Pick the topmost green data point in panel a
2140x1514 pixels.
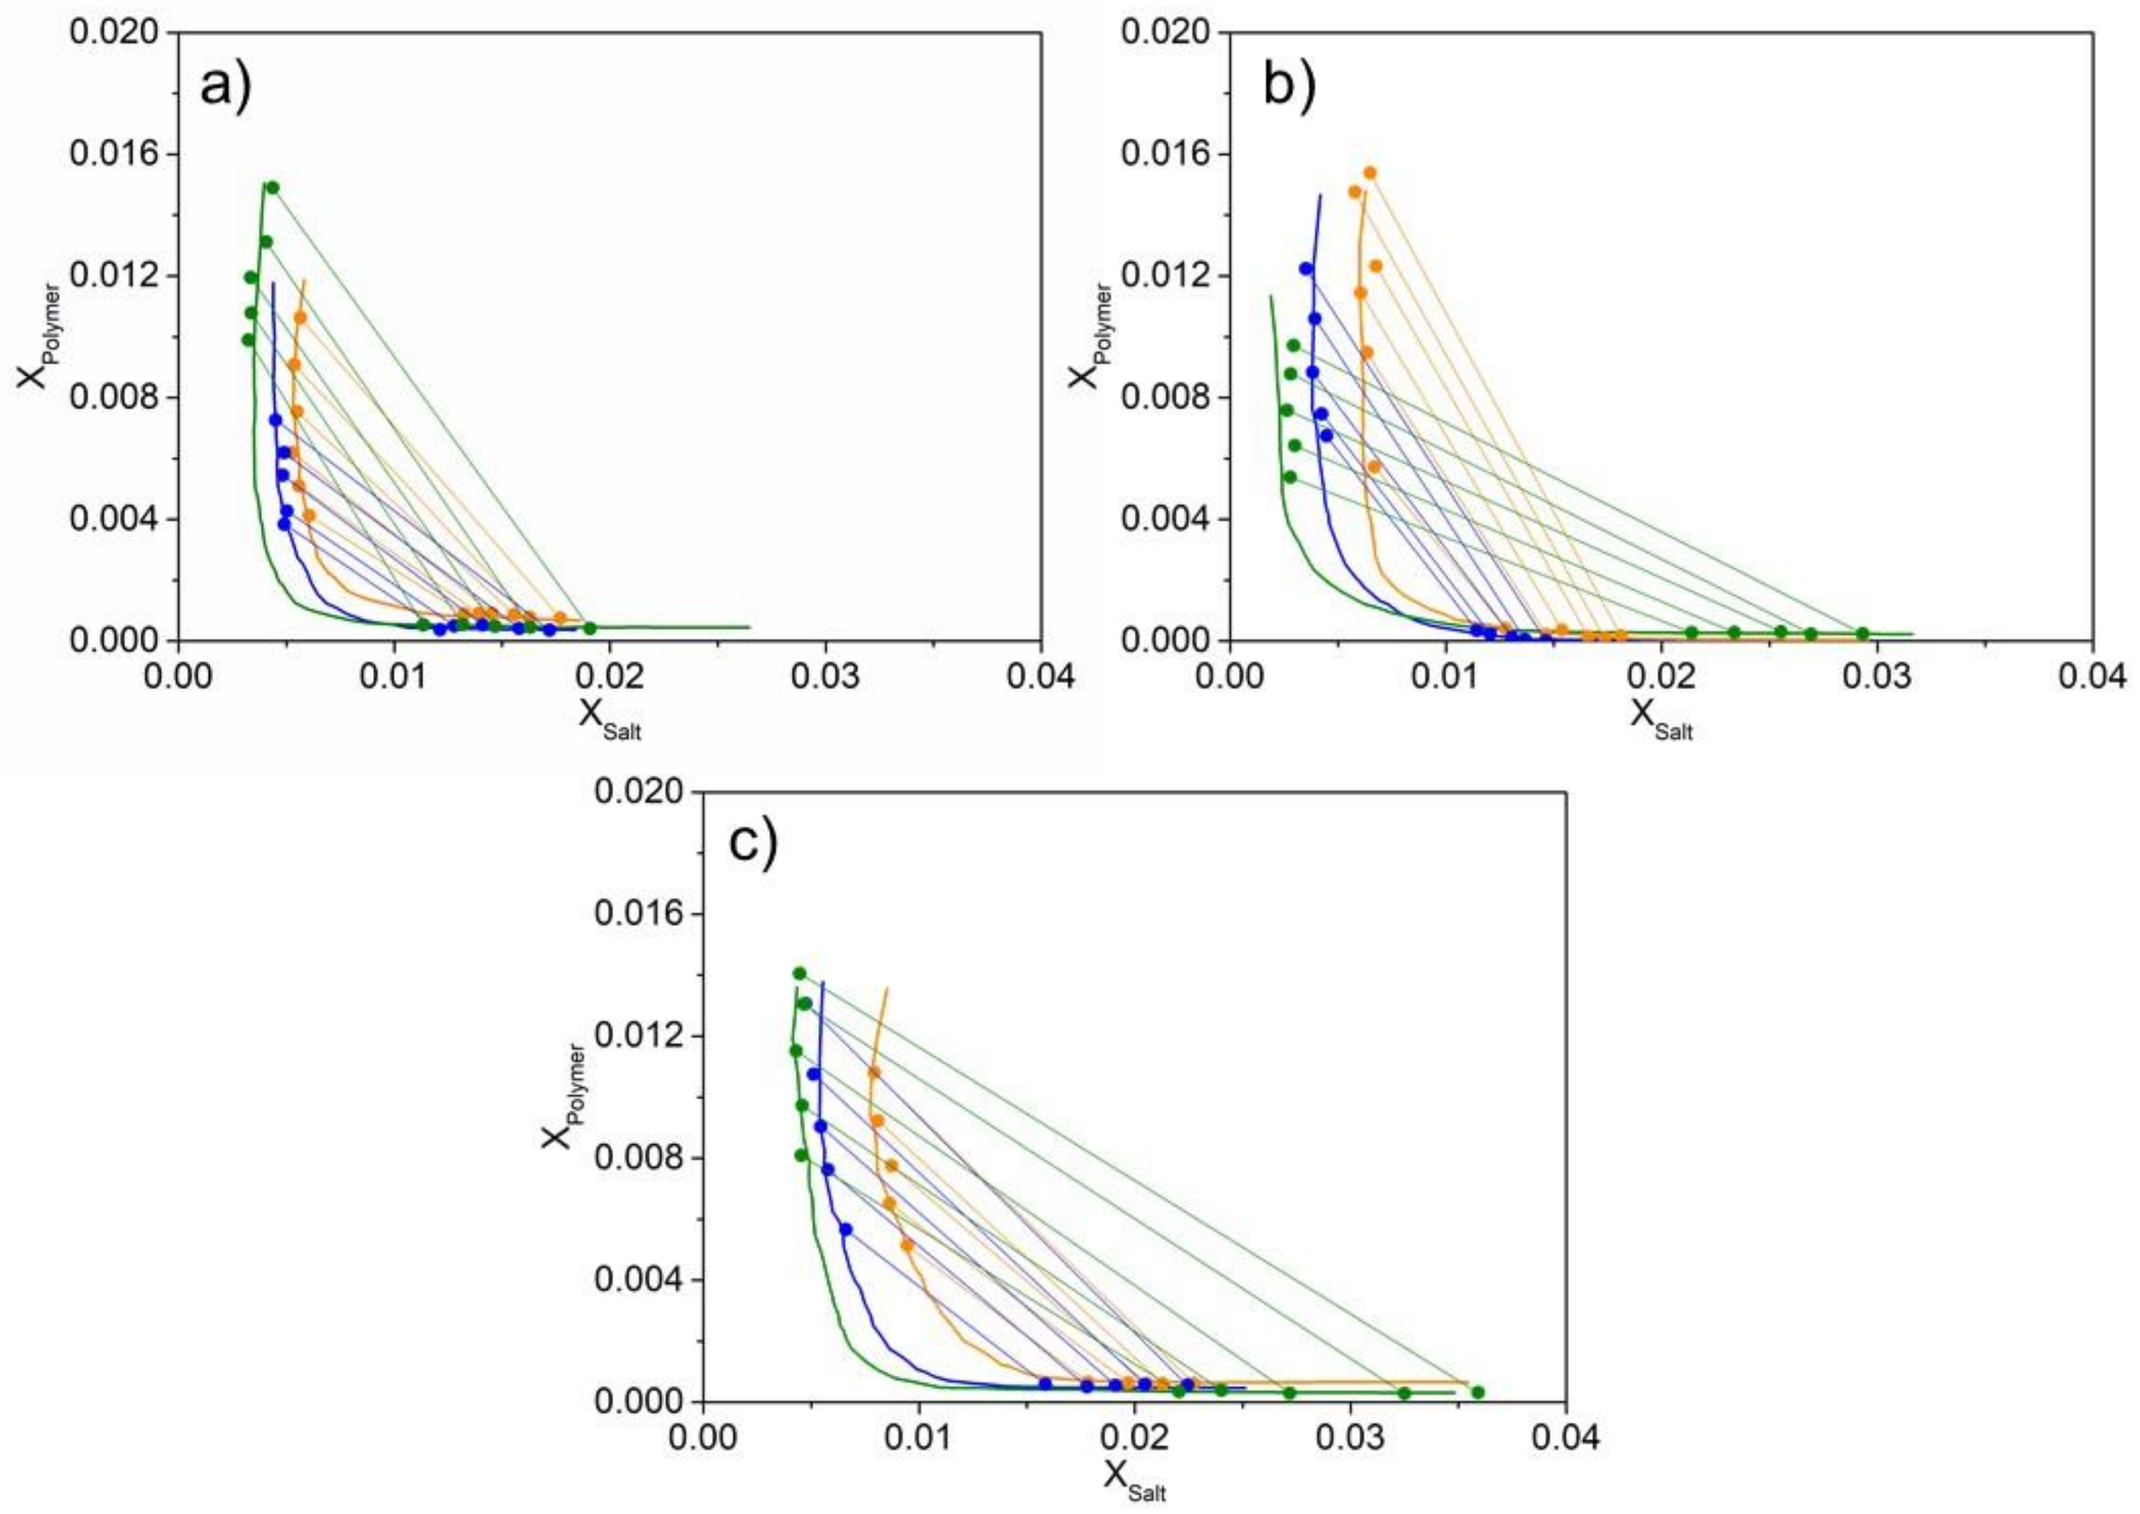(272, 187)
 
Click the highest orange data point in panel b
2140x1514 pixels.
(1370, 173)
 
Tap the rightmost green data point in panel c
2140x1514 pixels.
(1477, 1418)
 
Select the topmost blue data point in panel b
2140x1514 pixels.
(1305, 268)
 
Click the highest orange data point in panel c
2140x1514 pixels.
(874, 1072)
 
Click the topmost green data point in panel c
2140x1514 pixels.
(799, 973)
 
